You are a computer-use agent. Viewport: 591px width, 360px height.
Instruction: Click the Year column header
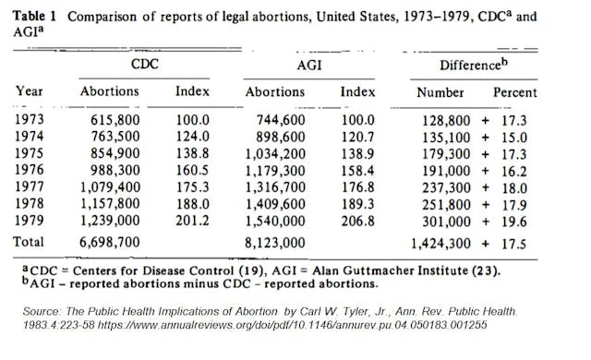(30, 91)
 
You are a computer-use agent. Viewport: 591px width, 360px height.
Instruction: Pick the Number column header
(440, 91)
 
